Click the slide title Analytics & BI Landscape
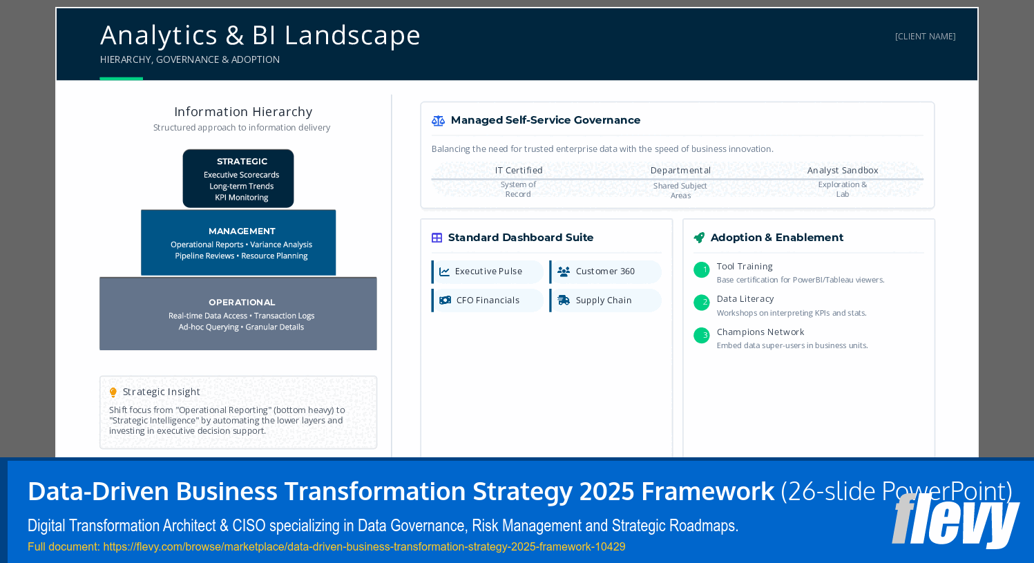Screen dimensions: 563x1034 pyautogui.click(x=260, y=35)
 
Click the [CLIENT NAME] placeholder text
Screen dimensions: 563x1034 pyautogui.click(x=925, y=37)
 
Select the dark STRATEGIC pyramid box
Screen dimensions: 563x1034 pyautogui.click(x=238, y=178)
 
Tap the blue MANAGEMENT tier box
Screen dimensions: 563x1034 pyautogui.click(x=238, y=242)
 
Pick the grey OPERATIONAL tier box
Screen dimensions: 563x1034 pyautogui.click(x=238, y=314)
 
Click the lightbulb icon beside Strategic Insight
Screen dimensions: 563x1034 pyautogui.click(x=113, y=392)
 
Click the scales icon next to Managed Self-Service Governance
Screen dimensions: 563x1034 pyautogui.click(x=438, y=121)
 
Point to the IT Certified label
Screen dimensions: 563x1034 pyautogui.click(x=519, y=171)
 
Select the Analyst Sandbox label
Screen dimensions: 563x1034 pyautogui.click(x=842, y=171)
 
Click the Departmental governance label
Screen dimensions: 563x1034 pyautogui.click(x=680, y=171)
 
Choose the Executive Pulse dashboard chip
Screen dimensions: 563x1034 pyautogui.click(x=488, y=271)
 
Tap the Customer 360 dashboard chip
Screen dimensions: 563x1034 pyautogui.click(x=605, y=271)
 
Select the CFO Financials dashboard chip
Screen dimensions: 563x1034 pyautogui.click(x=488, y=300)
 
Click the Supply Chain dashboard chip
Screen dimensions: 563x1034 pyautogui.click(x=605, y=300)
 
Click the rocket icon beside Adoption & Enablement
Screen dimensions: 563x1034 pyautogui.click(x=699, y=238)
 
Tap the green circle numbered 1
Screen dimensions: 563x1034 pyautogui.click(x=701, y=270)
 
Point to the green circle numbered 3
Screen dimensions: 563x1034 pyautogui.click(x=701, y=336)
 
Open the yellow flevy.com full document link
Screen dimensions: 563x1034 pyautogui.click(x=326, y=547)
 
